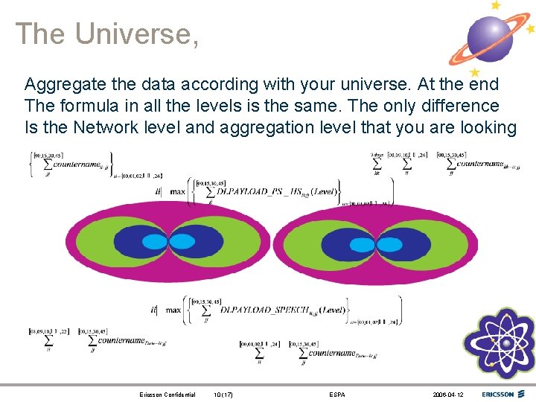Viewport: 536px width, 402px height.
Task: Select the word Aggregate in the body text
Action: click(62, 84)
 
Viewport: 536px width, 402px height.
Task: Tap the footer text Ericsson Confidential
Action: click(167, 395)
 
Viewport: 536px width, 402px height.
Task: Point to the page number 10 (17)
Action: click(223, 395)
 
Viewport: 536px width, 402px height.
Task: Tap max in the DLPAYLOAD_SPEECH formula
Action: click(173, 310)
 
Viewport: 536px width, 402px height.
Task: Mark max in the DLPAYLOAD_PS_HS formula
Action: click(177, 191)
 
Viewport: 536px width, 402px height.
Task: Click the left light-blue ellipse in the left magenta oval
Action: click(159, 241)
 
